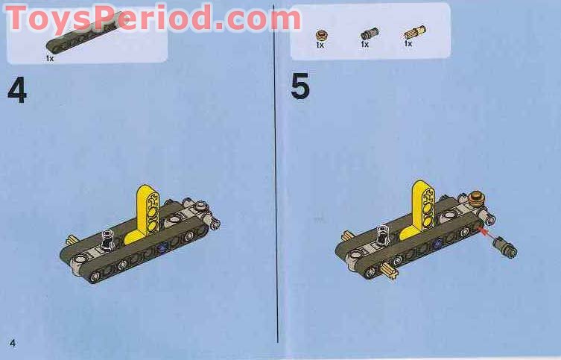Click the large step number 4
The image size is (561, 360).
point(16,89)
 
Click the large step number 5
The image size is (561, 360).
point(299,87)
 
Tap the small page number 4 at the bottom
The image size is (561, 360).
point(13,342)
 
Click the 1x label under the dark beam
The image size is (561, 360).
point(50,57)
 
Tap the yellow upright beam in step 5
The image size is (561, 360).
point(423,205)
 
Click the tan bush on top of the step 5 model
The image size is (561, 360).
point(476,199)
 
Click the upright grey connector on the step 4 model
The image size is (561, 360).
point(107,241)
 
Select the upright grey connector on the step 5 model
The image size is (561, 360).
point(383,236)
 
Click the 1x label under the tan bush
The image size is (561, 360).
point(320,45)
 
